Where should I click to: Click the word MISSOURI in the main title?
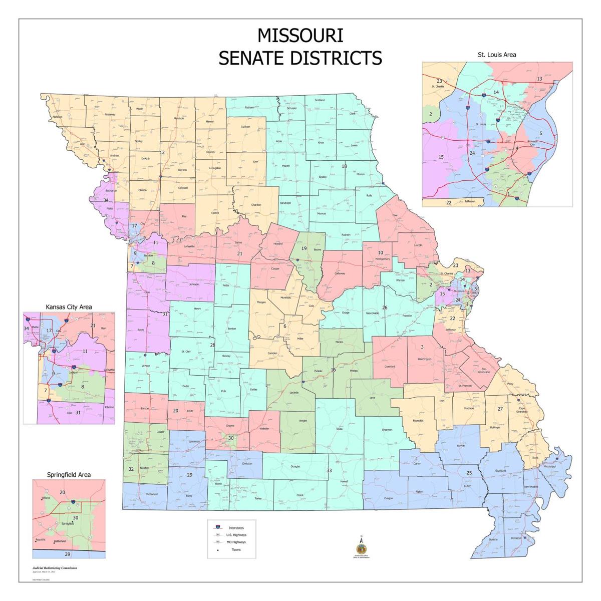pos(300,36)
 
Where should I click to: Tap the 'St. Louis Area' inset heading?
pos(496,55)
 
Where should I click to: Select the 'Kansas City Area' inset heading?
pos(69,307)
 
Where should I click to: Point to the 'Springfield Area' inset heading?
pos(69,474)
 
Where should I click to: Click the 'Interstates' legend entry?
pos(236,528)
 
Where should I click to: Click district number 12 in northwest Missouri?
pos(162,153)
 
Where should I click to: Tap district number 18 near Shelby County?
pos(344,166)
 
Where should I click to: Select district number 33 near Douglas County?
pos(329,470)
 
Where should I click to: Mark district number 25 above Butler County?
pos(469,473)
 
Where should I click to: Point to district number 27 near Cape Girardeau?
pos(500,409)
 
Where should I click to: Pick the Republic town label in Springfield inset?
pos(41,540)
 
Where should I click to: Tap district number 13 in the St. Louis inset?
pos(539,79)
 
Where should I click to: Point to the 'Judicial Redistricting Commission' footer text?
pos(55,568)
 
